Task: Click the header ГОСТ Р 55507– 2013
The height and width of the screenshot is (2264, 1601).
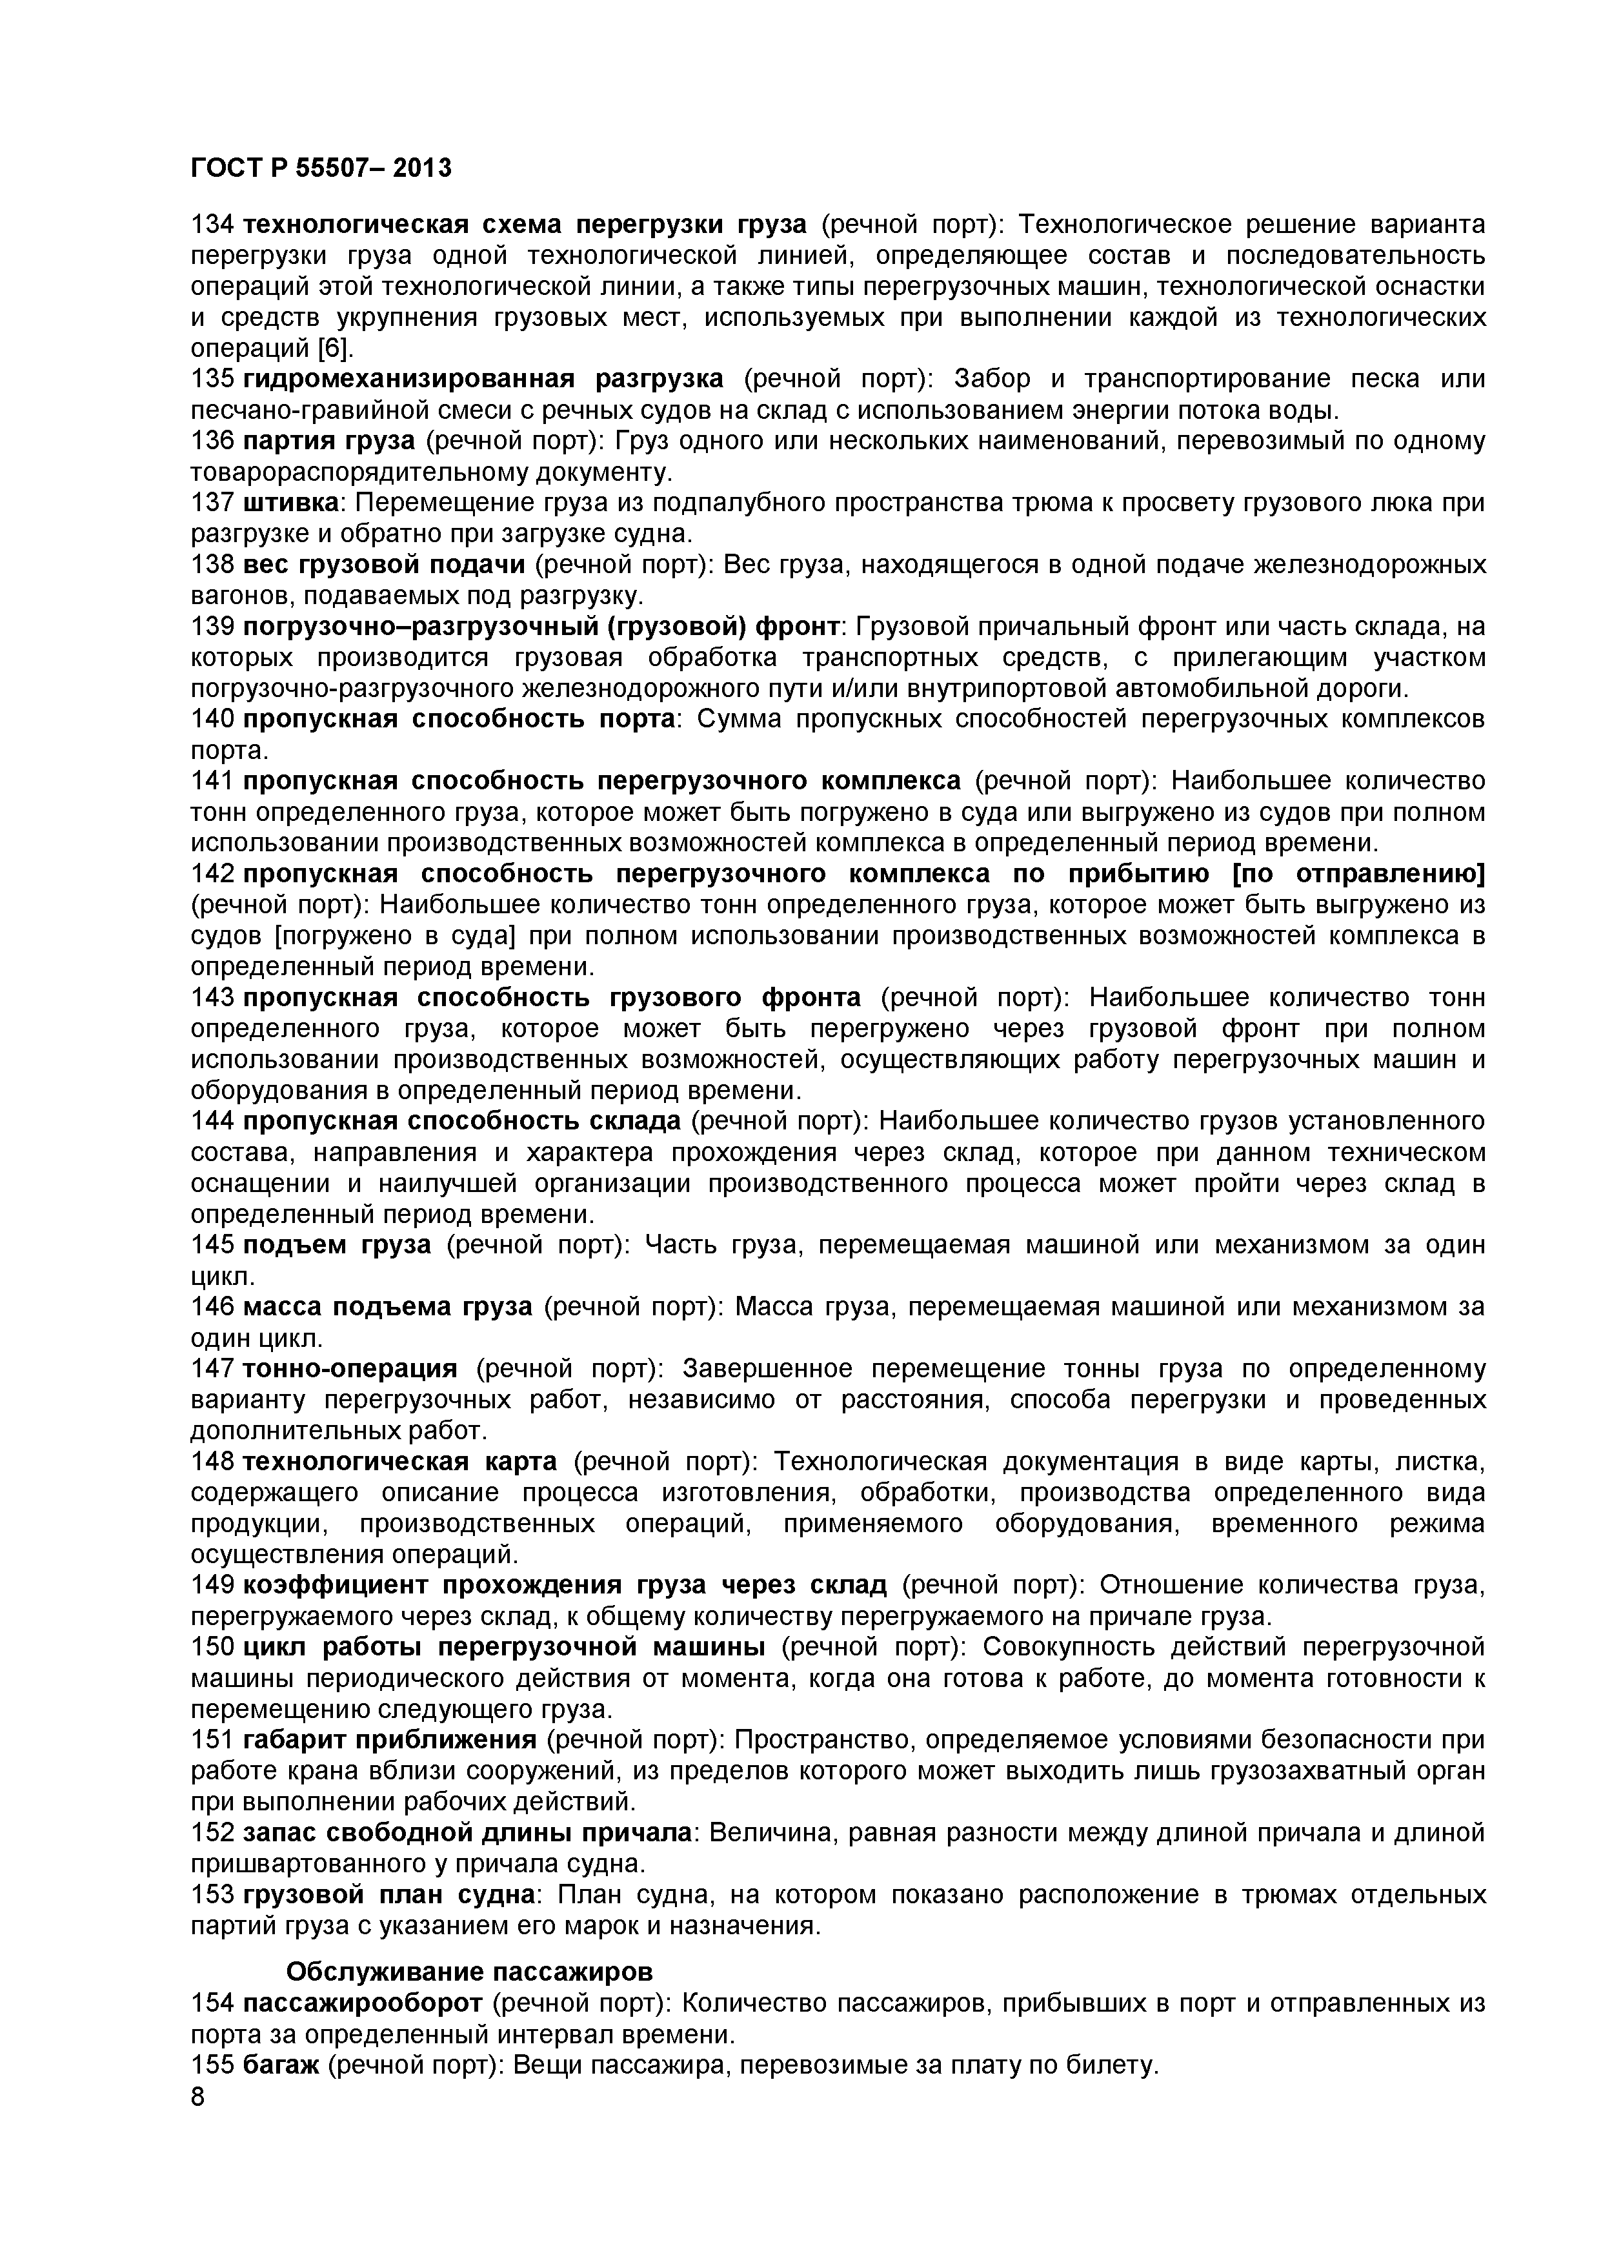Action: pos(321,168)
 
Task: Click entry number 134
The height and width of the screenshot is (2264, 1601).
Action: pos(211,225)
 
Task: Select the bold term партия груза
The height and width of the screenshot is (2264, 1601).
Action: pos(329,441)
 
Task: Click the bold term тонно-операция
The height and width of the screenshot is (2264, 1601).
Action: pos(349,1369)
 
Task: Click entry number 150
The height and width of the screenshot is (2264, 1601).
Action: pos(211,1647)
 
